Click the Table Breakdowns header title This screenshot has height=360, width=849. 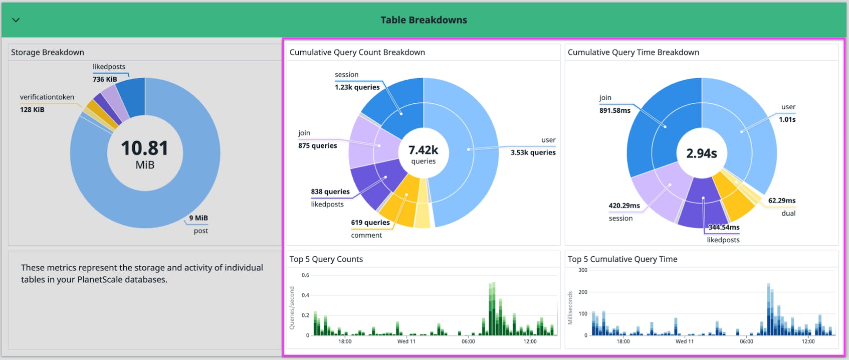(423, 20)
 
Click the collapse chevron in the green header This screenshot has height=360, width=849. (16, 20)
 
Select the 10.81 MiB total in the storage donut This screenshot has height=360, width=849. (145, 148)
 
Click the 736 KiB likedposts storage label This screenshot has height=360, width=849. (105, 79)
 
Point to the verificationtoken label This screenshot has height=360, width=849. (47, 97)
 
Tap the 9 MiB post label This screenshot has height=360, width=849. (198, 218)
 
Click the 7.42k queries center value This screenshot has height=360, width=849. (423, 150)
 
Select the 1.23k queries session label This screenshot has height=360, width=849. (357, 87)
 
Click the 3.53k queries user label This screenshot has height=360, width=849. (533, 152)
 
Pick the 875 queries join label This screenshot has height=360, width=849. (318, 146)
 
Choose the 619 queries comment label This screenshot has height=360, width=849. (370, 223)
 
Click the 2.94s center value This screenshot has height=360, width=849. (701, 153)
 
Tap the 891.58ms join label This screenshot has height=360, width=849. (614, 110)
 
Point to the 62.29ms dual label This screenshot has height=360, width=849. (781, 201)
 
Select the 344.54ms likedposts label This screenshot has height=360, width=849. (723, 228)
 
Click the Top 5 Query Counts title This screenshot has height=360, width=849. (326, 259)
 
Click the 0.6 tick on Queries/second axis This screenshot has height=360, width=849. (305, 275)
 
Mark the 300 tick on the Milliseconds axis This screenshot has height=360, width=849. (582, 270)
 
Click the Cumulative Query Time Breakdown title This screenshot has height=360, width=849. (633, 52)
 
